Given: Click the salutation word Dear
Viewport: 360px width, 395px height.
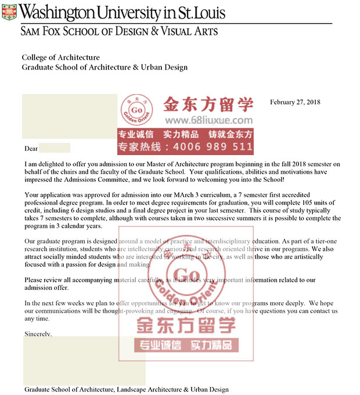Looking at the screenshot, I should click(x=31, y=149).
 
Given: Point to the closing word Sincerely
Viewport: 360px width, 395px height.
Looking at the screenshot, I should click(x=38, y=334).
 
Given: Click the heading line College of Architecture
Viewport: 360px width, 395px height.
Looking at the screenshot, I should click(x=60, y=58).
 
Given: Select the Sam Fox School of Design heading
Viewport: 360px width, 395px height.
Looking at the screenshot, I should click(x=119, y=31).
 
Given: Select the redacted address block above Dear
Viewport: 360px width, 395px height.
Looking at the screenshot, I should click(x=70, y=114).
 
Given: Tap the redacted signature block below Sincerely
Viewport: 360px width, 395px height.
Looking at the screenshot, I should click(x=84, y=360).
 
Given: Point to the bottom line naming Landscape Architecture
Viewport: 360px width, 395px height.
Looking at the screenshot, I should click(x=126, y=389).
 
